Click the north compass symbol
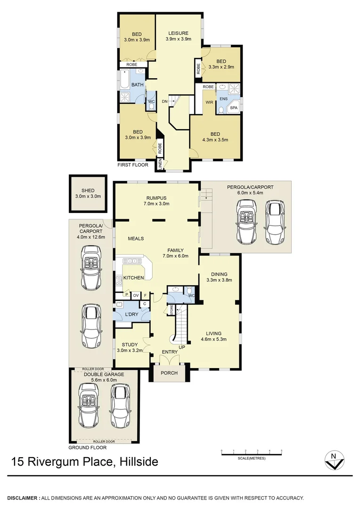[334, 460]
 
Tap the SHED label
[88, 190]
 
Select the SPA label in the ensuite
[234, 108]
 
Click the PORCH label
[169, 373]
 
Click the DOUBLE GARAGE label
[104, 374]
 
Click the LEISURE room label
[179, 33]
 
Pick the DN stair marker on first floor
[165, 101]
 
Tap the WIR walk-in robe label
[209, 101]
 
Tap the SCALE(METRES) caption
[251, 458]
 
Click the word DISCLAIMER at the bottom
[22, 498]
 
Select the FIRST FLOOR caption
[133, 165]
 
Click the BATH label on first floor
[137, 85]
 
